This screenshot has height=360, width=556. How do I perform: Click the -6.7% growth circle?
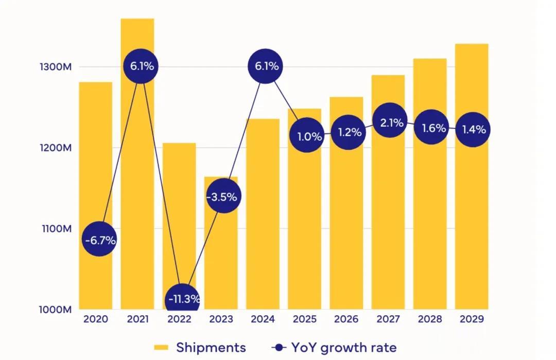(x=100, y=239)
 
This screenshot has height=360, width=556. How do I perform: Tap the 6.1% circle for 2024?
(x=266, y=66)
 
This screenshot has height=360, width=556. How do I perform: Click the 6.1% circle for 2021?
(x=141, y=66)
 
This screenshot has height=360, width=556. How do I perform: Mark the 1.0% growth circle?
(x=308, y=136)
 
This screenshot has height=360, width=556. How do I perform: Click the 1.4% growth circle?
(x=473, y=129)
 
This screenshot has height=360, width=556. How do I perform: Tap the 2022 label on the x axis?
(x=179, y=319)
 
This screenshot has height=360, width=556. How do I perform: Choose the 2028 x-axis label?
(x=429, y=319)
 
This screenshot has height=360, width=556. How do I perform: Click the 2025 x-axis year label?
(x=304, y=319)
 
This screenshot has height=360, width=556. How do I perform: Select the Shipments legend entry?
(x=200, y=348)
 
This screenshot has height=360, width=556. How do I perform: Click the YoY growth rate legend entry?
(x=334, y=348)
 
